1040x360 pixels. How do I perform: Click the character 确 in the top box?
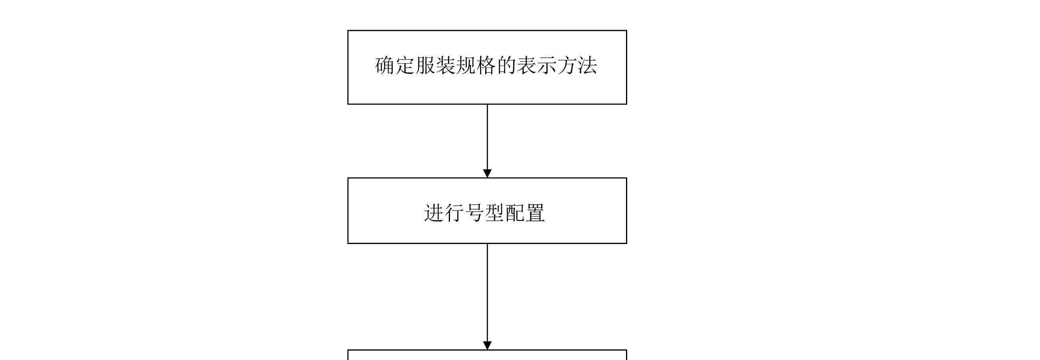pos(385,66)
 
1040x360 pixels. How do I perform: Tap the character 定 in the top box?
pos(405,66)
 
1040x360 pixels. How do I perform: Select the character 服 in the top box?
pos(425,66)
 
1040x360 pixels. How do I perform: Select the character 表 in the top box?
pos(526,66)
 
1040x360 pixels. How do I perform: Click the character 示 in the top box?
pos(547,66)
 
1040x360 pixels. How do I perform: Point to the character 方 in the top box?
pos(567,66)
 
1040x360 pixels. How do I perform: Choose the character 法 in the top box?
pos(587,66)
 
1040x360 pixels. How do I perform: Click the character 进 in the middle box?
pos(434,213)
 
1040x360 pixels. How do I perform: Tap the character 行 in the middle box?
pos(454,213)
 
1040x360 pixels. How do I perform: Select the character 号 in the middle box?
pos(474,213)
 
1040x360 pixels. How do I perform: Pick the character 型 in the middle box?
pos(494,213)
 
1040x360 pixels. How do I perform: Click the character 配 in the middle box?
pos(515,213)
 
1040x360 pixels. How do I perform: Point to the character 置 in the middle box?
pos(535,213)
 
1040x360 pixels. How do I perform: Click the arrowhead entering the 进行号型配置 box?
pos(487,174)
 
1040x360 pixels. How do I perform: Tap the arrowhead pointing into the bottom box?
pos(487,346)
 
